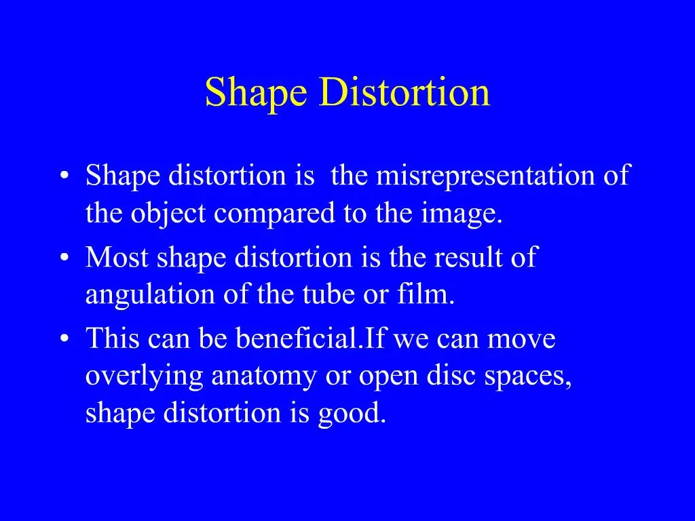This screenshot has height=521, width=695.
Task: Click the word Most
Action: tap(119, 258)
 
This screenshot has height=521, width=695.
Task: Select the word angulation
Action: tap(147, 296)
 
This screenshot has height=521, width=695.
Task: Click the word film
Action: tap(430, 296)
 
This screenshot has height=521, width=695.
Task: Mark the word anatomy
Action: tap(265, 377)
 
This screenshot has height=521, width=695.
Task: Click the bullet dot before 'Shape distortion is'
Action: tap(64, 178)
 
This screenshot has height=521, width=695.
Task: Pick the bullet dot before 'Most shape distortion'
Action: tap(64, 259)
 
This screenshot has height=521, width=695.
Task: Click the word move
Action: tap(523, 339)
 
